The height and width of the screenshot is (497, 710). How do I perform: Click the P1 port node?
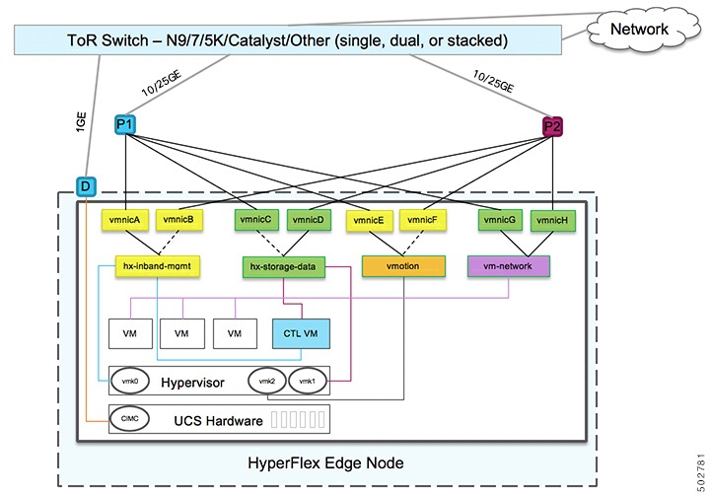(x=125, y=124)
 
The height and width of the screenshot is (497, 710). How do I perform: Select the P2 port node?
(x=552, y=126)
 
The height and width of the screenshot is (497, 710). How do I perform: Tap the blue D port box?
(x=86, y=186)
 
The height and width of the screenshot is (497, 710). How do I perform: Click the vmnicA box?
(x=124, y=220)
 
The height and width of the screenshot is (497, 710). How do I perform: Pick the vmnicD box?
(x=309, y=220)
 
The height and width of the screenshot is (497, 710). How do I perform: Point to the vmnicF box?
(x=422, y=220)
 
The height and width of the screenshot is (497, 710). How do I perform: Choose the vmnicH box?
(x=552, y=221)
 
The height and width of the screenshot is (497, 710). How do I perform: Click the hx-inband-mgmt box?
(x=157, y=266)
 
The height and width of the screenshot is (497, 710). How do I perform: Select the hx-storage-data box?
(x=283, y=267)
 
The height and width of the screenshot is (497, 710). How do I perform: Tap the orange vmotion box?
(x=403, y=266)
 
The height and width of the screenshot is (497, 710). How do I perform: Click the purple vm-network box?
(x=508, y=266)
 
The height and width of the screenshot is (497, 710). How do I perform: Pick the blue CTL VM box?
(x=301, y=333)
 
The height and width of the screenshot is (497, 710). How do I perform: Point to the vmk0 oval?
(x=130, y=381)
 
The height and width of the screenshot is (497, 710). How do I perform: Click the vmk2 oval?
(x=267, y=381)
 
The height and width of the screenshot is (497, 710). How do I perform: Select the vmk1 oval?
(x=307, y=381)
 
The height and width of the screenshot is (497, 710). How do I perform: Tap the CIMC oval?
(x=130, y=419)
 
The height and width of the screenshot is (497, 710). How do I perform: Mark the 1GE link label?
(x=81, y=122)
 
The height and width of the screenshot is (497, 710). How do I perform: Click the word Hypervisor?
(x=193, y=383)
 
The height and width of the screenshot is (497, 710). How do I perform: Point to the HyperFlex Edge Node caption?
(x=325, y=463)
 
